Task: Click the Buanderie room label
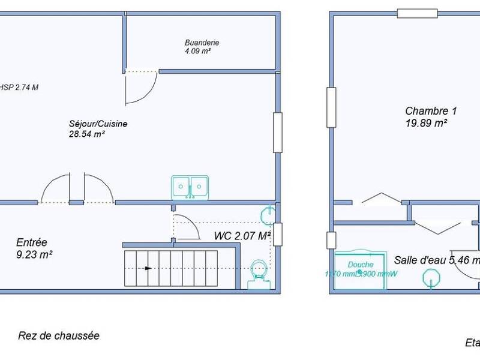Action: click(x=202, y=43)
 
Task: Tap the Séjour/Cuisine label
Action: click(x=98, y=124)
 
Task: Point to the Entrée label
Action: click(x=32, y=242)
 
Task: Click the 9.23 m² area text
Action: click(x=34, y=254)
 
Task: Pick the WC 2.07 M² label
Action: click(x=242, y=236)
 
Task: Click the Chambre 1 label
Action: click(x=431, y=111)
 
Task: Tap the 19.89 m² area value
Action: click(x=426, y=123)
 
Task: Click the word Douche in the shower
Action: click(x=361, y=265)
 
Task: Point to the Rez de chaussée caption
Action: click(x=59, y=336)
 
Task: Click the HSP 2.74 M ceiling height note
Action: click(x=20, y=88)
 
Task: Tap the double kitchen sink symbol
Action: click(x=190, y=187)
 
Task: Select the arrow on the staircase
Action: click(x=148, y=268)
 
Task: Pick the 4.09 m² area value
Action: click(x=197, y=52)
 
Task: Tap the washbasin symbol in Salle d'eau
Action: click(x=432, y=278)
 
